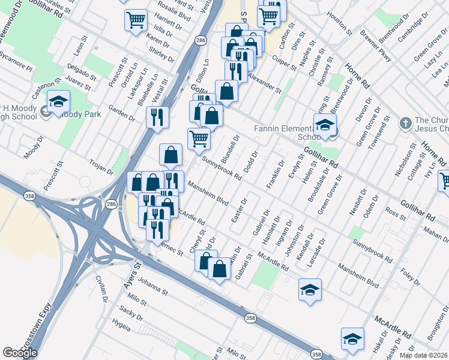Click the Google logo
pyautogui.click(x=20, y=353)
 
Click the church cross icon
pyautogui.click(x=405, y=123)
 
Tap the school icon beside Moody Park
pyautogui.click(x=59, y=103)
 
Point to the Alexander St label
pyautogui.click(x=265, y=84)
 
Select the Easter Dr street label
pyautogui.click(x=238, y=209)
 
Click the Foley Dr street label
pyautogui.click(x=411, y=279)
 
